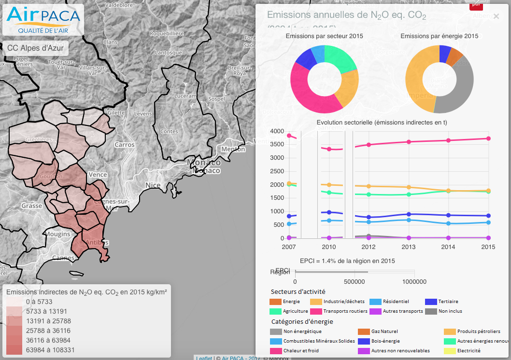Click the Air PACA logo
(43, 20)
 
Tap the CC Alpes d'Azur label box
(35, 48)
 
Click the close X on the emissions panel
(496, 16)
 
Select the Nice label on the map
(153, 185)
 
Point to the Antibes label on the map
(96, 242)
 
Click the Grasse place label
(31, 206)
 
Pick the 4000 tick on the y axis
(277, 131)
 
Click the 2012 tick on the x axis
(369, 247)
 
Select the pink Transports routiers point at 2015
(488, 138)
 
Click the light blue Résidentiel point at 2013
(409, 220)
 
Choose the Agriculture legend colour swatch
(275, 311)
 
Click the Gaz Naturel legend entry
(381, 332)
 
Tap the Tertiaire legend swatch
(431, 302)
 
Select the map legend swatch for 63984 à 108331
(14, 350)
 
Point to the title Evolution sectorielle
(382, 122)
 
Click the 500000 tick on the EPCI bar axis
(355, 282)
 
